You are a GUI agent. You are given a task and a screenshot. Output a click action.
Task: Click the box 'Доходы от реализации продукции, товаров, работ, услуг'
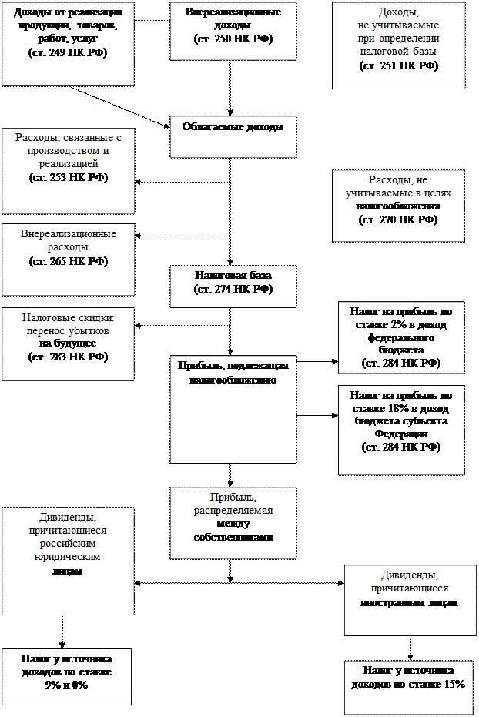point(68,43)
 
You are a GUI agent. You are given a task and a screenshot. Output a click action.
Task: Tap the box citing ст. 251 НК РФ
point(398,45)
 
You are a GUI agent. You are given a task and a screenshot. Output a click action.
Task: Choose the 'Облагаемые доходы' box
point(233,136)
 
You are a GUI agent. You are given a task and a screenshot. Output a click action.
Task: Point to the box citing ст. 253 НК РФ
point(68,170)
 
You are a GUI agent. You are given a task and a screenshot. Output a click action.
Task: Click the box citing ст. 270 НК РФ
point(398,205)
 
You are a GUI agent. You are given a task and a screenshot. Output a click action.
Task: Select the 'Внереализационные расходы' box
point(68,259)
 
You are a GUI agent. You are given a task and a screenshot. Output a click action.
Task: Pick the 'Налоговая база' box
point(233,286)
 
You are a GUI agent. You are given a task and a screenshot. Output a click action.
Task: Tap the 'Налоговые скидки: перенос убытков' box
point(68,343)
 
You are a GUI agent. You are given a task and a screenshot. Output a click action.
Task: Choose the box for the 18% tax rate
point(400,429)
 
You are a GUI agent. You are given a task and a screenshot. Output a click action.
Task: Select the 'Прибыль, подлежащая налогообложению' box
point(233,408)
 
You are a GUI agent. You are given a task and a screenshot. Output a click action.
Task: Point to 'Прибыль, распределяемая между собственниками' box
point(233,522)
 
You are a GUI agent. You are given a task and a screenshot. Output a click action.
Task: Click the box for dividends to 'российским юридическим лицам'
point(68,560)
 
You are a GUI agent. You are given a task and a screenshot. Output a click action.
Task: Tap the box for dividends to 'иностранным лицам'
point(410,599)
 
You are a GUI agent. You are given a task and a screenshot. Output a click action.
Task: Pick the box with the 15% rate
point(408,687)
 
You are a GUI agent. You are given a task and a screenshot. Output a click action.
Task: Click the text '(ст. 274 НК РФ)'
point(233,290)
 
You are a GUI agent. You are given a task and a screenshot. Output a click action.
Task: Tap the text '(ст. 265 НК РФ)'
point(68,262)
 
